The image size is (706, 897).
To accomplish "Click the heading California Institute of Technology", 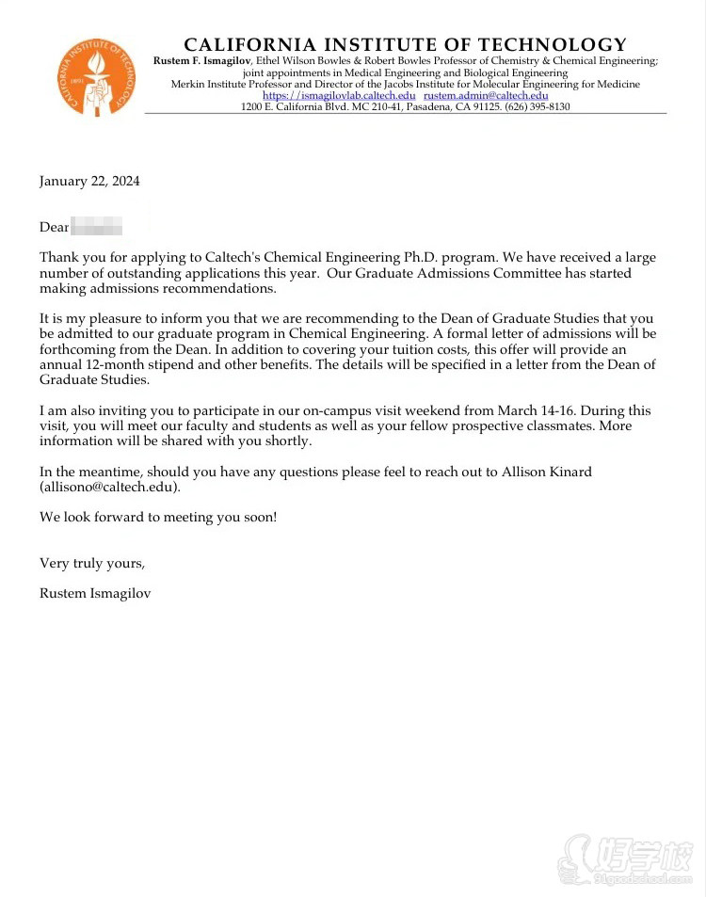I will point(405,45).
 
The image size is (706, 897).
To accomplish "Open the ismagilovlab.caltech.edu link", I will point(339,96).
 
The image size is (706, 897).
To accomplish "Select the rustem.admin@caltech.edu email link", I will point(486,96).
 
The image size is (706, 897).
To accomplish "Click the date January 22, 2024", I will point(89,181).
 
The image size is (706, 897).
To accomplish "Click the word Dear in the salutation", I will point(54,227).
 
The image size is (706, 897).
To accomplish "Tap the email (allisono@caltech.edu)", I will point(109,487).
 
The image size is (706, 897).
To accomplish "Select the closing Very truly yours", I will point(92,563).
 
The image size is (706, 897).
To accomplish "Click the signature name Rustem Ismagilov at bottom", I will point(95,593).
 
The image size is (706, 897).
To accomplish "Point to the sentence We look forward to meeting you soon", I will point(158,517).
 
